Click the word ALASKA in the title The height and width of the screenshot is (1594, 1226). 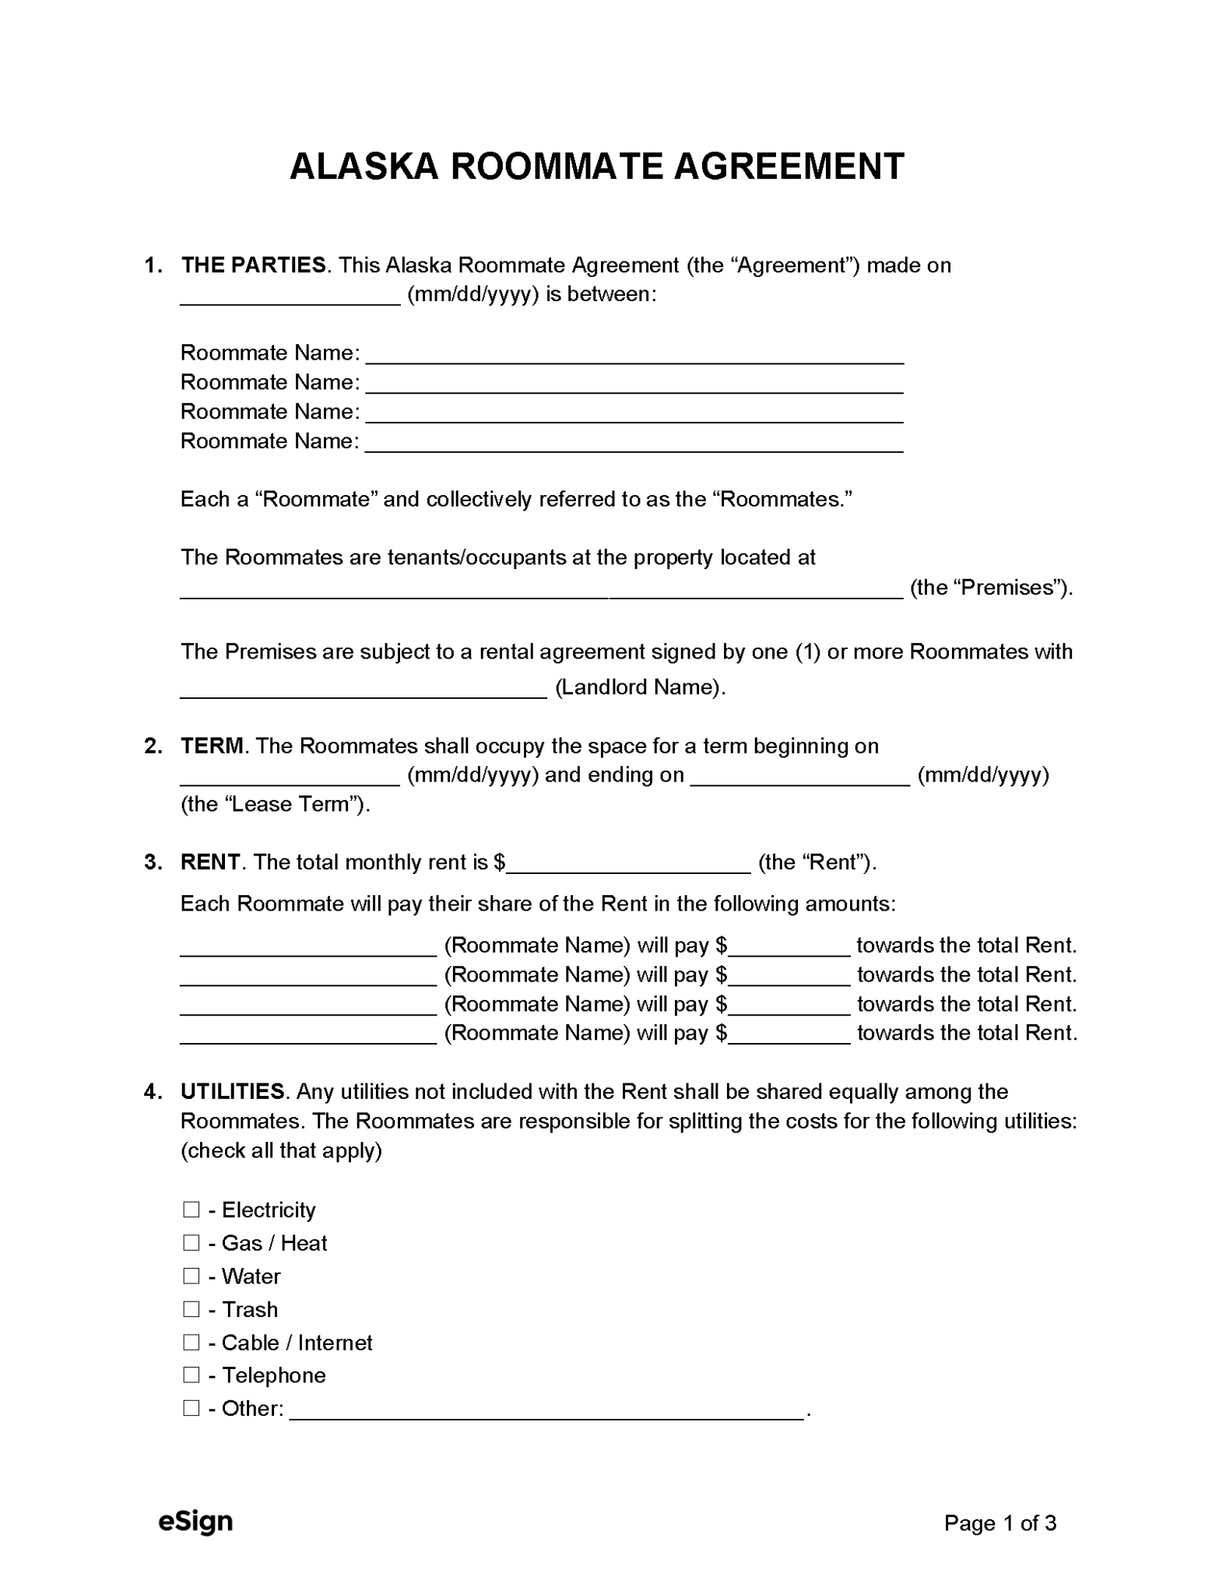pos(364,167)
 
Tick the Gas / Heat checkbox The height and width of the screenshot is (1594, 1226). pos(191,1242)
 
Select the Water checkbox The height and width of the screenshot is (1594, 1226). pos(191,1276)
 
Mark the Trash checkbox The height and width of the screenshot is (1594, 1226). pos(191,1308)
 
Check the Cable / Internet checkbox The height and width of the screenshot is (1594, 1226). pos(191,1342)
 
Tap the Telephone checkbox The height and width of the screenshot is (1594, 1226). pos(191,1375)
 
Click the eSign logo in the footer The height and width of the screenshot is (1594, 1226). pos(195,1522)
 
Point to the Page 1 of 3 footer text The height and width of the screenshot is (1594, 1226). pos(999,1523)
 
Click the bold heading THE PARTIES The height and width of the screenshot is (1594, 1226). pos(253,265)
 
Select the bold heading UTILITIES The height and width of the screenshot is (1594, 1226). pos(232,1091)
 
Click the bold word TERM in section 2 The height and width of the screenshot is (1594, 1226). pos(212,746)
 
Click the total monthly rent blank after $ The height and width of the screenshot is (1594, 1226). pos(628,864)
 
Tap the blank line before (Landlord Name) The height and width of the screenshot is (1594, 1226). pos(364,689)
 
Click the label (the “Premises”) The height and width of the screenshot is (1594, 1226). pos(991,588)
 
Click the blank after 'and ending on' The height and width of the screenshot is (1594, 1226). pos(800,777)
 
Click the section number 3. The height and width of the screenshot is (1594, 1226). pos(153,862)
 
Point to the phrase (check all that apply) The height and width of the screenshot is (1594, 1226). pos(281,1150)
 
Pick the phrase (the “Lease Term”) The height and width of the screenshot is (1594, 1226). pos(275,804)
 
